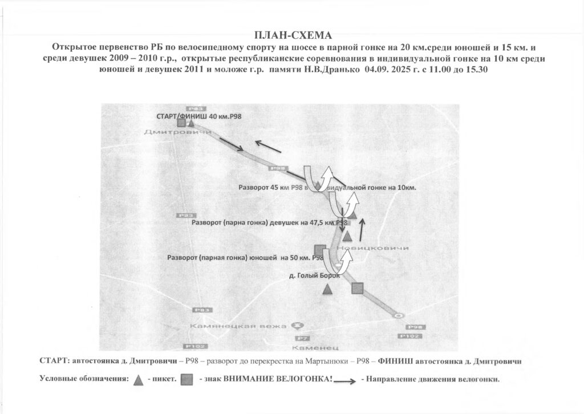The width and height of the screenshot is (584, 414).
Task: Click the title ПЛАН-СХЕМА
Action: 291,35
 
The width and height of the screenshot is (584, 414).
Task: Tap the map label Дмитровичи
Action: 169,132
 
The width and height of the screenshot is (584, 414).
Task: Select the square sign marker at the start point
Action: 181,123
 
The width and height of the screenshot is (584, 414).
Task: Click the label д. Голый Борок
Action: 314,275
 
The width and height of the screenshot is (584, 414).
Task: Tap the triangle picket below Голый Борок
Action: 327,290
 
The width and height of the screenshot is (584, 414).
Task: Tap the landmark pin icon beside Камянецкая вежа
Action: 295,326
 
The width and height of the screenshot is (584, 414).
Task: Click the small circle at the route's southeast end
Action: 399,315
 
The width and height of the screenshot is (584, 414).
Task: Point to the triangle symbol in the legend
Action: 138,380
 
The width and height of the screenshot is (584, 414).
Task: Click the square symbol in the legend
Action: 186,380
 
